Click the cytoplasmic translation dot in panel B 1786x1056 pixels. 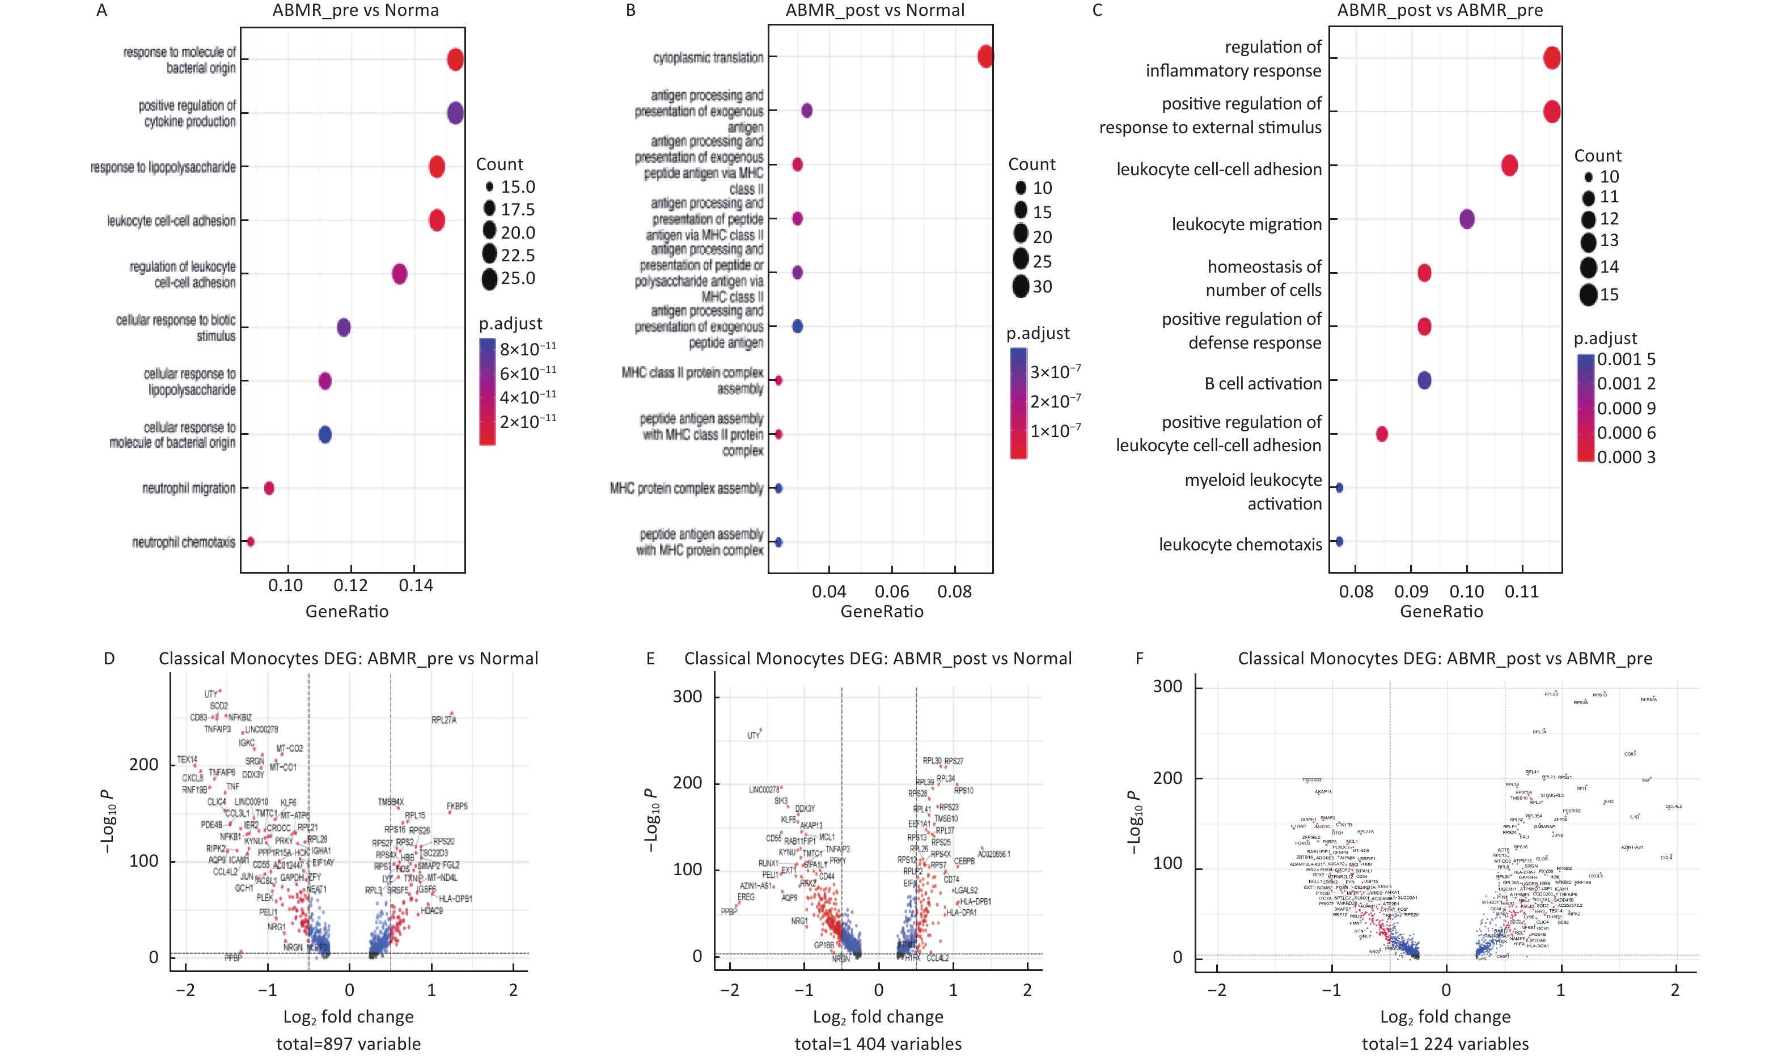(x=985, y=56)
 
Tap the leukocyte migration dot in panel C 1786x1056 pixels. (x=1467, y=219)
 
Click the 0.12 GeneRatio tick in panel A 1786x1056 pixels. (x=351, y=586)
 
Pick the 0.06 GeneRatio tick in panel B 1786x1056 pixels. (x=891, y=591)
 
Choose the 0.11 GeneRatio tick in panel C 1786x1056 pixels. (x=1522, y=591)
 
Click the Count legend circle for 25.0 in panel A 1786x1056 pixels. (x=489, y=279)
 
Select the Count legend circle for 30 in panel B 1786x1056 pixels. (x=1021, y=287)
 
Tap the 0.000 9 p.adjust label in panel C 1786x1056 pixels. (x=1626, y=409)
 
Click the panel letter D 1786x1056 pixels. (x=109, y=659)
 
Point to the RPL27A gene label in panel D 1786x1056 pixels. (x=444, y=720)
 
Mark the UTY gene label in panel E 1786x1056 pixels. (x=754, y=736)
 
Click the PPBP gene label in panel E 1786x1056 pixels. (x=729, y=911)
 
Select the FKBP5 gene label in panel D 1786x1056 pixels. (x=457, y=806)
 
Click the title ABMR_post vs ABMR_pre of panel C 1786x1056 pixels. (x=1440, y=11)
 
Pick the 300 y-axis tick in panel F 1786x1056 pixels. (x=1167, y=686)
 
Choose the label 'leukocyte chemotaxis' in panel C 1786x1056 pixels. (x=1239, y=544)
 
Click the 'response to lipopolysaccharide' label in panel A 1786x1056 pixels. (x=163, y=167)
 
